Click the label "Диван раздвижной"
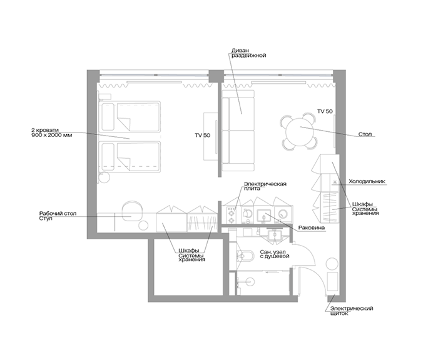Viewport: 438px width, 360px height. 248,53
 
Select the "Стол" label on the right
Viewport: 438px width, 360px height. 365,134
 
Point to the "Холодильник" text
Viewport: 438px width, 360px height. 367,181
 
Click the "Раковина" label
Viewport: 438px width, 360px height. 312,227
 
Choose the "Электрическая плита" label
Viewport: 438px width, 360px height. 265,186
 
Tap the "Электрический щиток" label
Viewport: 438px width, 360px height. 352,311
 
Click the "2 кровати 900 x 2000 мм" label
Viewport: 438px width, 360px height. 52,132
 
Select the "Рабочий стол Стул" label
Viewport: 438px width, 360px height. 58,216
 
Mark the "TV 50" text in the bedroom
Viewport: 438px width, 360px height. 203,136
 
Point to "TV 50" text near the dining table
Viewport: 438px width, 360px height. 325,111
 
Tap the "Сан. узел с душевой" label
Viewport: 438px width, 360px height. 274,254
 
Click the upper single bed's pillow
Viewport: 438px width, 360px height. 108,117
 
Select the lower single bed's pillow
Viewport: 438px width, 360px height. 108,156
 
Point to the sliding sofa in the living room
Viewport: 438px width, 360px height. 238,131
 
